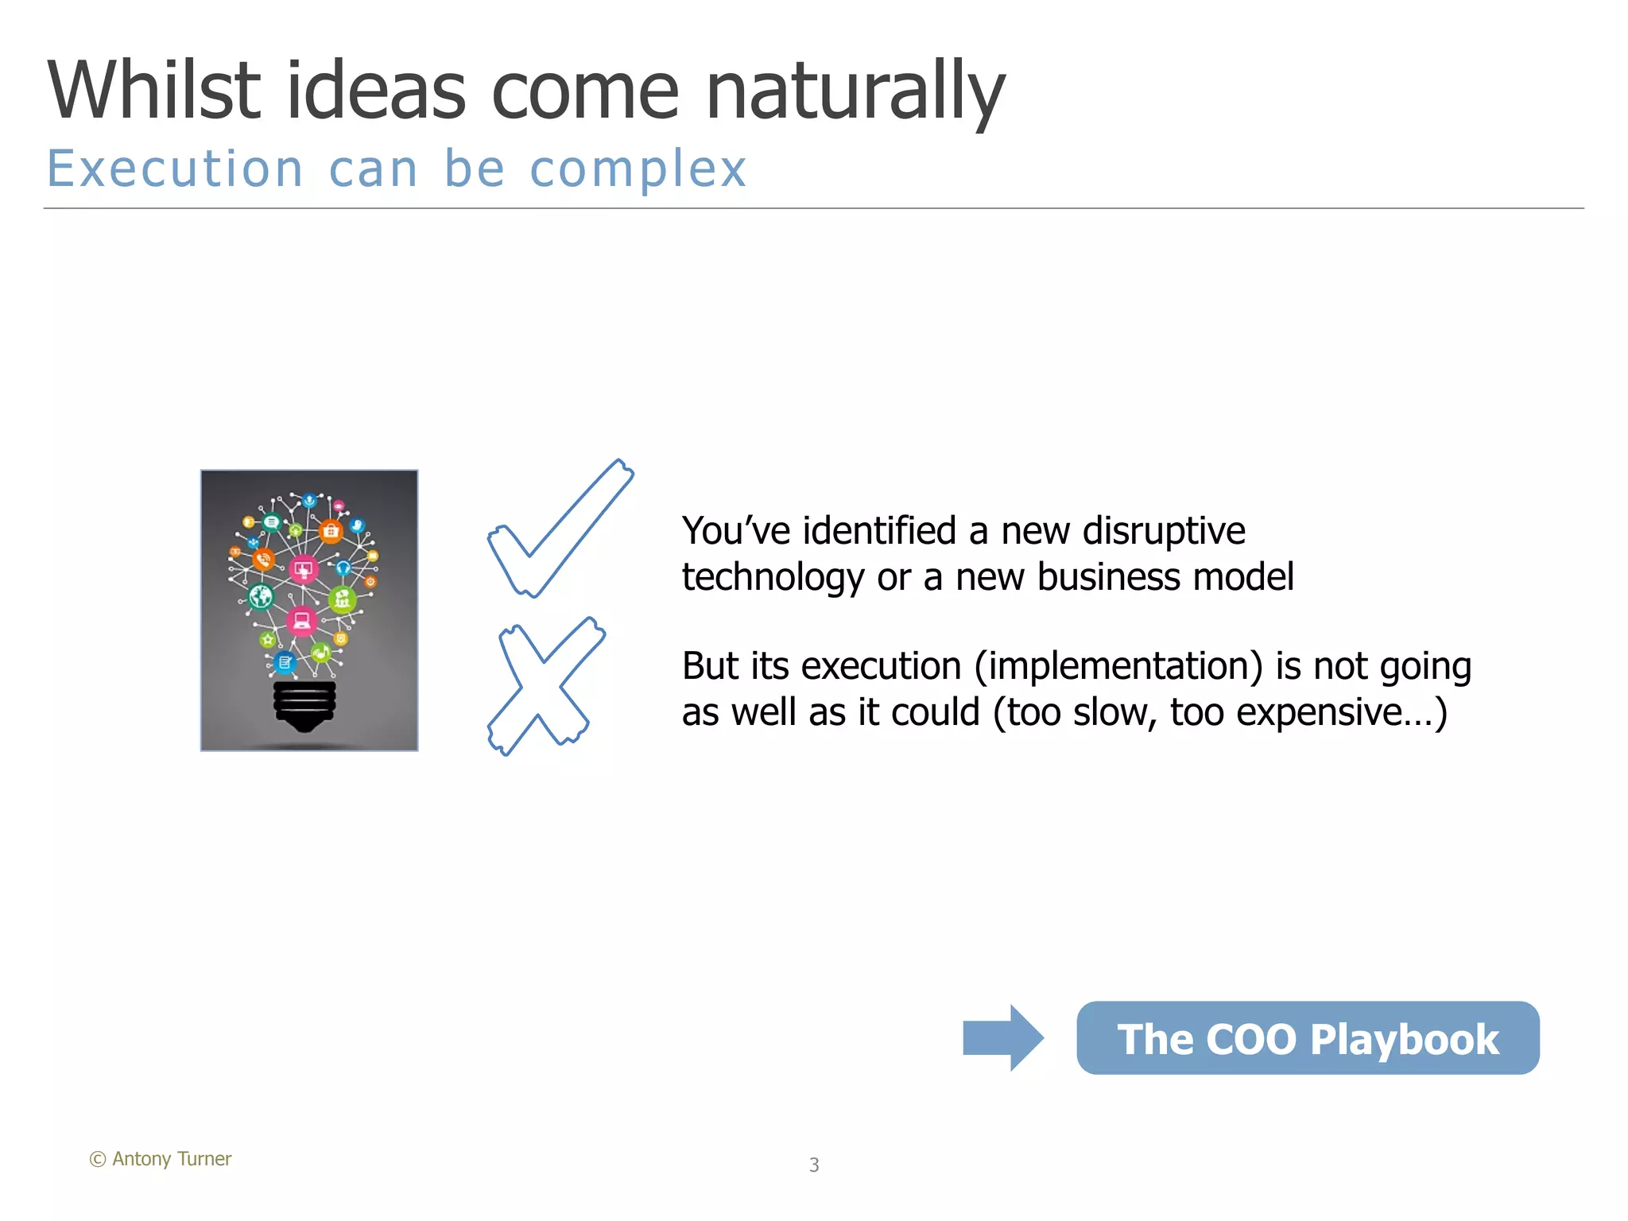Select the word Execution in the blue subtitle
(176, 169)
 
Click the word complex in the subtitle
(638, 169)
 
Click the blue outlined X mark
(545, 685)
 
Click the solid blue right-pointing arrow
(1002, 1037)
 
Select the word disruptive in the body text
(1164, 530)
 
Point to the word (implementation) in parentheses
(1118, 666)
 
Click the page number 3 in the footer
(814, 1165)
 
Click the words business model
(1124, 577)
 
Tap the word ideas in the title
(375, 91)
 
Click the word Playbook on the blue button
(1404, 1040)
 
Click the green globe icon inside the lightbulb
(261, 595)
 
